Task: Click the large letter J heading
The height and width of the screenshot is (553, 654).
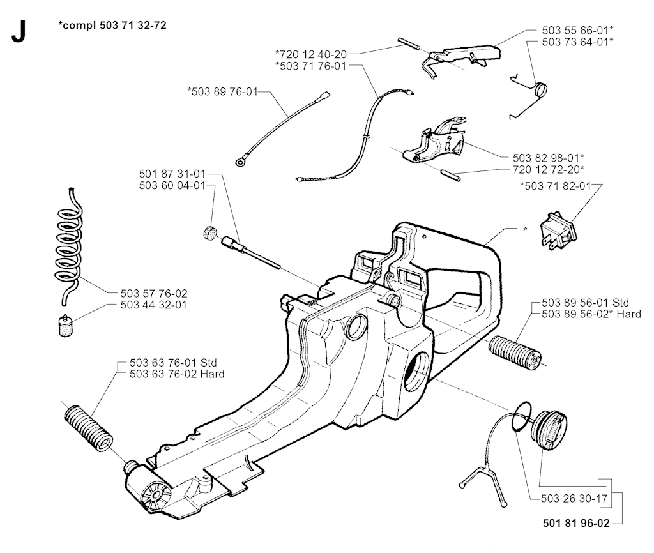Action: point(19,31)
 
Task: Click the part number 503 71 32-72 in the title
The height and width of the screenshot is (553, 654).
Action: point(133,26)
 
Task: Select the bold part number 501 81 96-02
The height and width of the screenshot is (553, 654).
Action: point(576,522)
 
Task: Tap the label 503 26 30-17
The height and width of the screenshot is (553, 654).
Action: point(574,498)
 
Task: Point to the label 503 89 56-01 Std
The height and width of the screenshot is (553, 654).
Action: point(585,302)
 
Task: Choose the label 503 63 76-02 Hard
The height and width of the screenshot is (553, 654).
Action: point(177,374)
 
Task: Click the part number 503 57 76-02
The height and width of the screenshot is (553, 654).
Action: point(154,293)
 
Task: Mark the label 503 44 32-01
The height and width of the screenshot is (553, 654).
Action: point(153,305)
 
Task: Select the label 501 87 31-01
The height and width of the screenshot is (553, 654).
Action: point(172,174)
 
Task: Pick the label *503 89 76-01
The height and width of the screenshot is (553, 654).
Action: point(223,91)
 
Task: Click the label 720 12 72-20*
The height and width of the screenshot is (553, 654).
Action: point(549,169)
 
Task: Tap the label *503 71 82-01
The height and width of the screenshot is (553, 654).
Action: point(556,186)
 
